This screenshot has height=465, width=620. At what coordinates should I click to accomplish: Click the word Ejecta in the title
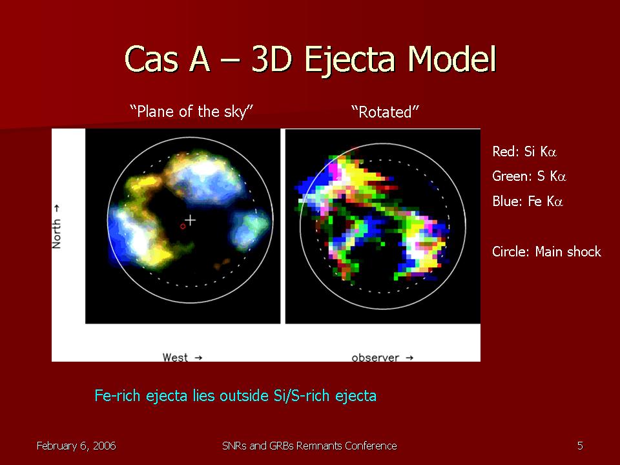click(349, 59)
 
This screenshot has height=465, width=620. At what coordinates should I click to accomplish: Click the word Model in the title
click(452, 59)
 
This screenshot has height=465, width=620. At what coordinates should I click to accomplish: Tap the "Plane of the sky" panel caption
click(191, 112)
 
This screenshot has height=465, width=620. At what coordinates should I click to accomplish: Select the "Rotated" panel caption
click(385, 112)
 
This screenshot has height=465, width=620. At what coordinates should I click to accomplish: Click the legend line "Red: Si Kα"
click(524, 151)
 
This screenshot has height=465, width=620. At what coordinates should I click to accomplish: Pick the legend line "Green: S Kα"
click(529, 176)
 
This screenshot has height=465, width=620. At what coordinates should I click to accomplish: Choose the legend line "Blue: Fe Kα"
click(528, 201)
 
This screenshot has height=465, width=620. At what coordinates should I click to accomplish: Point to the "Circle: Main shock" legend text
click(546, 251)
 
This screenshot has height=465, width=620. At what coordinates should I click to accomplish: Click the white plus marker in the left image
click(191, 220)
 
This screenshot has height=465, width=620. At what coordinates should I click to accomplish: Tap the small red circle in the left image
click(183, 226)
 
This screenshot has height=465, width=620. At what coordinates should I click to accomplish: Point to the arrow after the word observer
click(409, 358)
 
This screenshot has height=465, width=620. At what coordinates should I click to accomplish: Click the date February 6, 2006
click(76, 446)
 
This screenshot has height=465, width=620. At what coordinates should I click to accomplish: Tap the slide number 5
click(580, 446)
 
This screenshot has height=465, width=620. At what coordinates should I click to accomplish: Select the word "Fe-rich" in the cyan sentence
click(118, 396)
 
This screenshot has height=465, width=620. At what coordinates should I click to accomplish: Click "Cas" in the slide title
click(151, 59)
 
